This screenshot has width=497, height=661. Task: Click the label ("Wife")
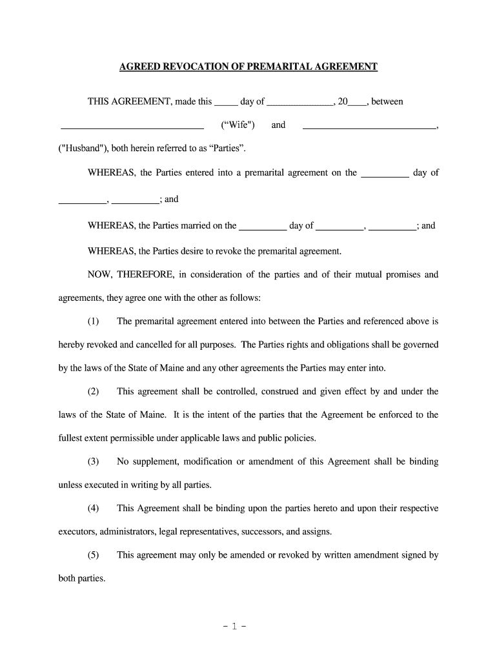point(238,125)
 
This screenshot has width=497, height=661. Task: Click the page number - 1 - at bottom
point(248,625)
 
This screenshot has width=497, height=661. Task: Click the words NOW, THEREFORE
point(131,274)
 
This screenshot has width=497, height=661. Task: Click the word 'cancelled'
point(137,345)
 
